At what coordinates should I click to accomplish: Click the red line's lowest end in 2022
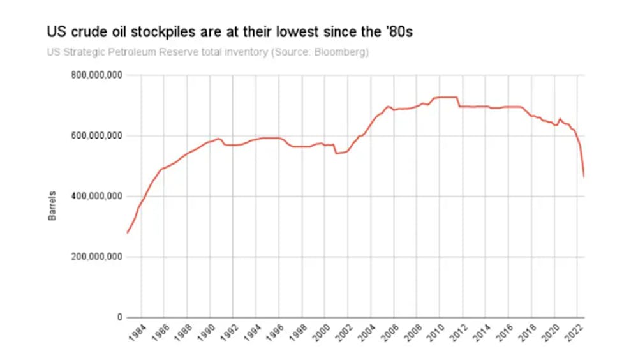tap(584, 176)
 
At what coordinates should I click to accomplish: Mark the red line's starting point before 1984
tap(127, 233)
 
